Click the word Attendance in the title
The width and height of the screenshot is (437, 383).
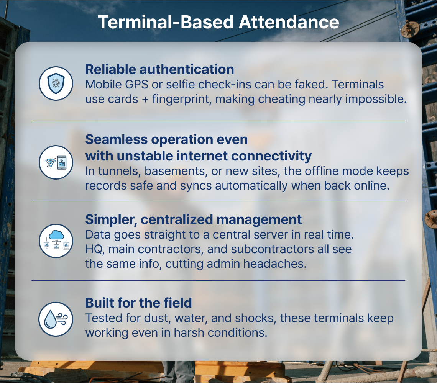click(289, 22)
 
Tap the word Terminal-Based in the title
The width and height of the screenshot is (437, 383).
click(166, 22)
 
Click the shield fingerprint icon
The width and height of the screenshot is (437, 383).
click(56, 83)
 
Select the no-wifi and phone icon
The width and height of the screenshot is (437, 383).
click(56, 162)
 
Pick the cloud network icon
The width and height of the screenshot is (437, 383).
click(56, 241)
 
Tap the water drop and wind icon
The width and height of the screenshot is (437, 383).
click(56, 319)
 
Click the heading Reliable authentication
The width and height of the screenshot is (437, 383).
click(159, 69)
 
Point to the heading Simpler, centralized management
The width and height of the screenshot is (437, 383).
click(194, 219)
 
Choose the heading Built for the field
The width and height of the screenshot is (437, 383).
click(138, 303)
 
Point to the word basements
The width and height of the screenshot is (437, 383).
click(176, 171)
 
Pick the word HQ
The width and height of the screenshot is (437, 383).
click(95, 249)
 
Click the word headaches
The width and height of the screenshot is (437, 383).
click(275, 264)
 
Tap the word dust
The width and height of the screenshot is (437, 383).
click(157, 318)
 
